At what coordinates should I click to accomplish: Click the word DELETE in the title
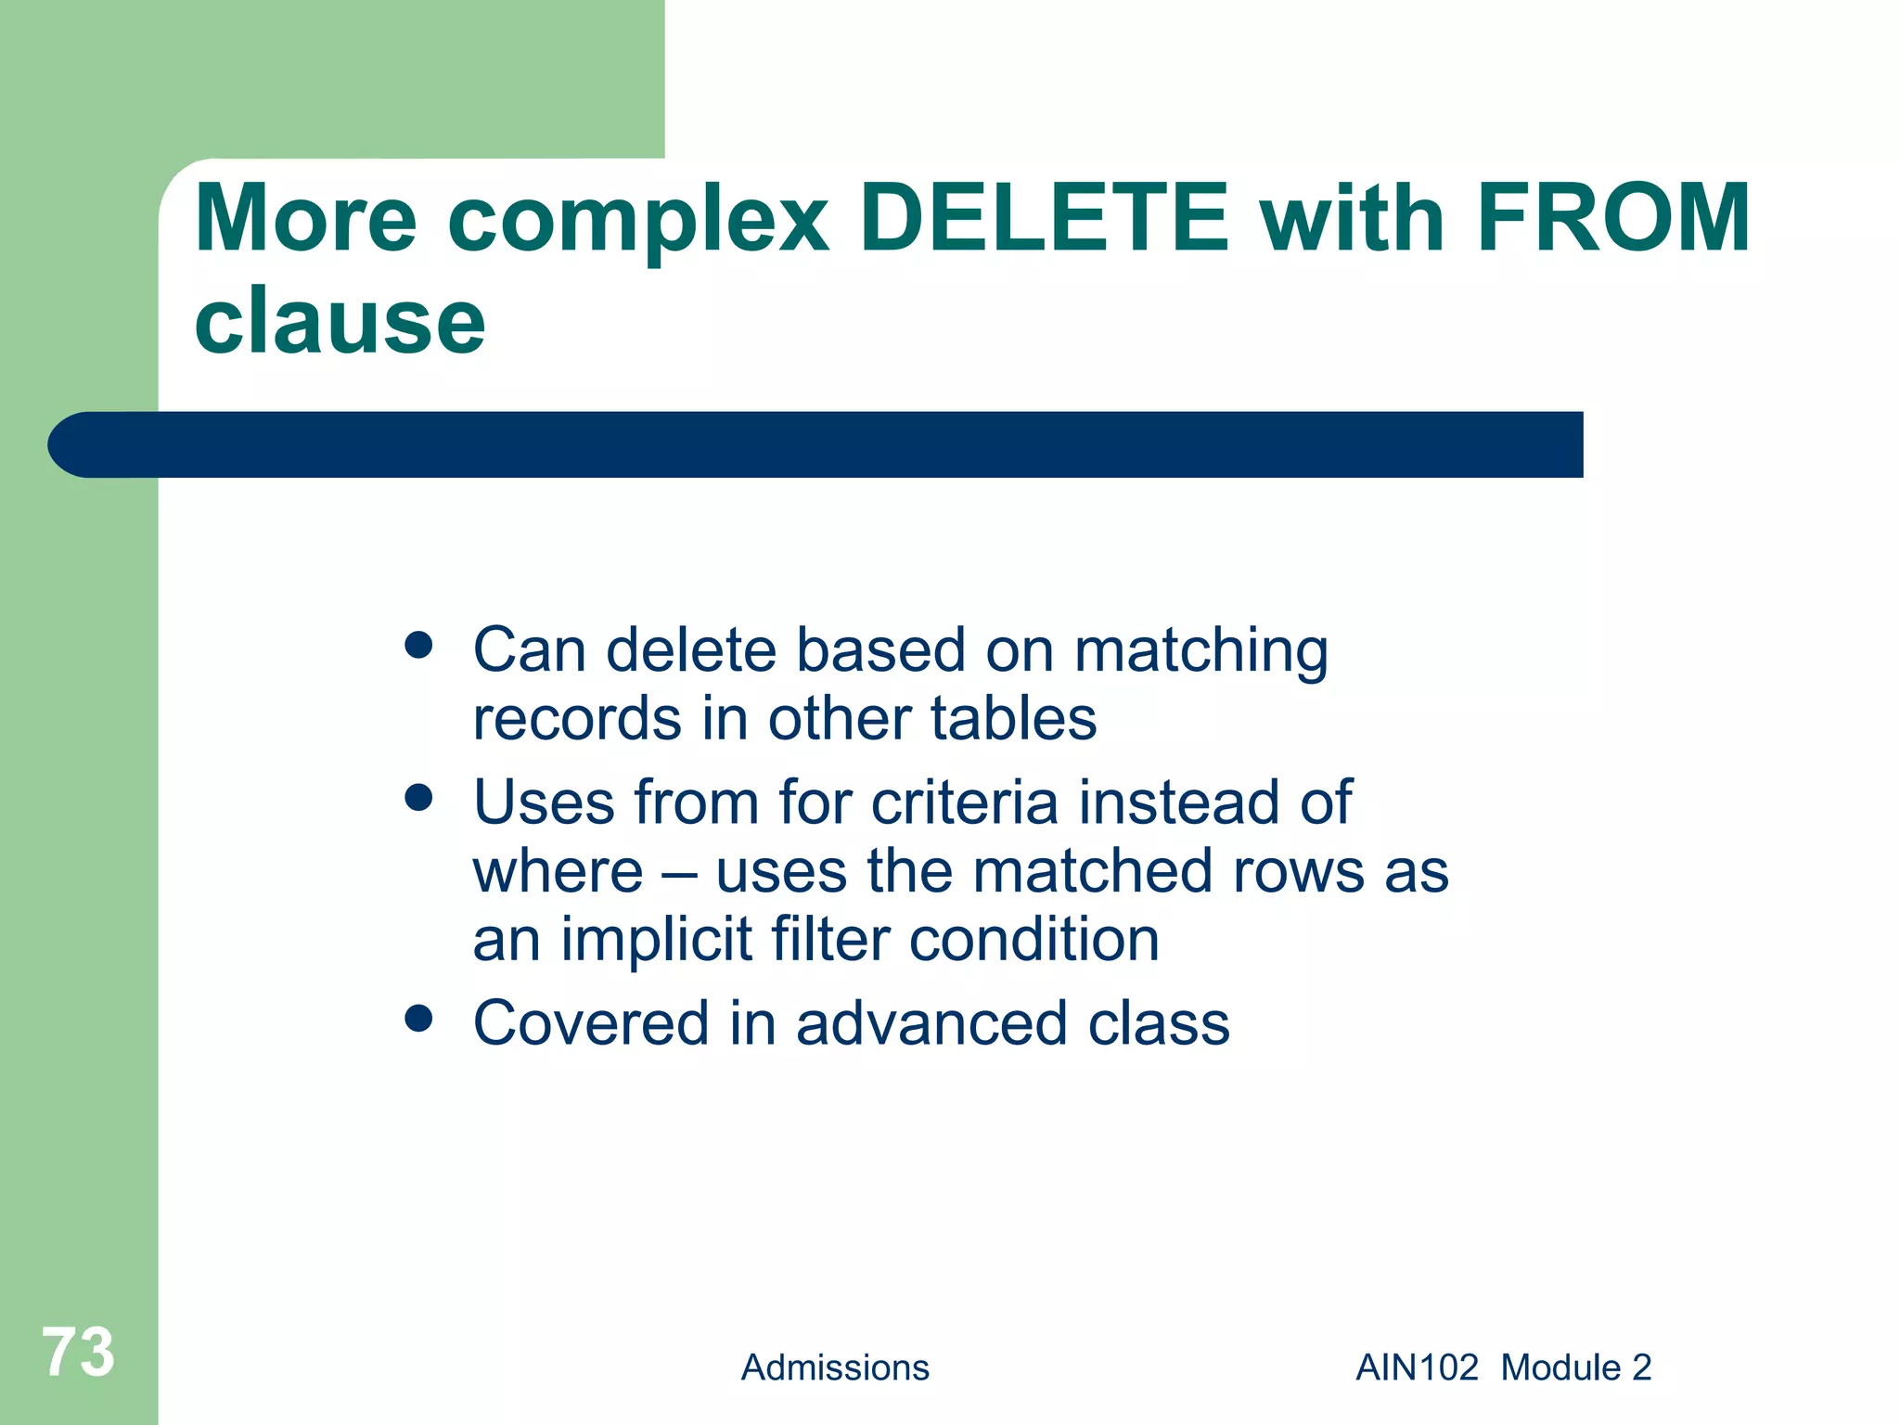tap(1044, 219)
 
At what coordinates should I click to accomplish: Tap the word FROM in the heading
tap(1613, 219)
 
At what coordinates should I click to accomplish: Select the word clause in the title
tap(340, 321)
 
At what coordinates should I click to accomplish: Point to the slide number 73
tap(78, 1352)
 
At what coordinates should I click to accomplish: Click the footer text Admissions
tap(835, 1367)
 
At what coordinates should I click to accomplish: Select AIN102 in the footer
tap(1417, 1367)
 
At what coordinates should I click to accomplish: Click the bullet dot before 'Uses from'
tap(419, 797)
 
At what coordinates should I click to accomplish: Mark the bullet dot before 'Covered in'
tap(419, 1018)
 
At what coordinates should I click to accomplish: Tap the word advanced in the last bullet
tap(931, 1023)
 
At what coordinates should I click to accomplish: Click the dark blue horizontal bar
tap(816, 444)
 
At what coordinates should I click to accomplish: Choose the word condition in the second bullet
tap(1033, 940)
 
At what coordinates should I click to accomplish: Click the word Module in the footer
tap(1560, 1367)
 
